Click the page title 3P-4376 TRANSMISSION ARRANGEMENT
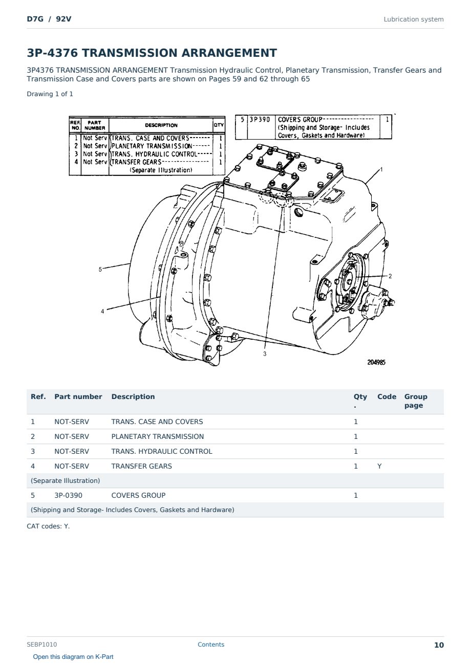[x=152, y=53]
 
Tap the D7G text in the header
[x=35, y=19]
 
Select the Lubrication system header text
[x=414, y=19]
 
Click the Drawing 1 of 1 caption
[x=50, y=94]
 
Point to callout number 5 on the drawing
[x=100, y=269]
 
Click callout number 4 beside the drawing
[x=102, y=312]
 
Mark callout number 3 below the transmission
[x=265, y=353]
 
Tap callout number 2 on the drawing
[x=390, y=276]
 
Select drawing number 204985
[x=376, y=362]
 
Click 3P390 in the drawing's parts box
[x=260, y=120]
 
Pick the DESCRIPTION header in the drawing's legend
[x=161, y=125]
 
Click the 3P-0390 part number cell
[x=69, y=495]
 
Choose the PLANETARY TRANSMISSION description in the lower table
[x=158, y=436]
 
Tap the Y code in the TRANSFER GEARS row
[x=379, y=466]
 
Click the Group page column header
[x=416, y=401]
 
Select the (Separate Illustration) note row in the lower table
[x=66, y=481]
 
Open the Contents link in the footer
[x=211, y=645]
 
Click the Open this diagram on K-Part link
[x=73, y=657]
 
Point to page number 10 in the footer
[x=439, y=645]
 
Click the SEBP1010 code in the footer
[x=42, y=645]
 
